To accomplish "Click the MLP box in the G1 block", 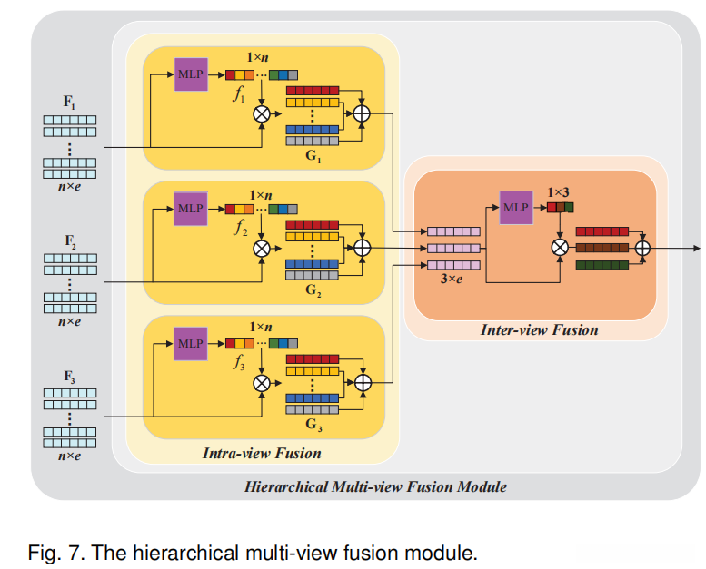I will (191, 74).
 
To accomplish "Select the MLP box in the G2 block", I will (191, 208).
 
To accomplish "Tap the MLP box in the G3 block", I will (191, 343).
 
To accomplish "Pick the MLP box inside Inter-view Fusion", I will (515, 207).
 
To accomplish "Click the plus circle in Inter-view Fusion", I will (642, 247).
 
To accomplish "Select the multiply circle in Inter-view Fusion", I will (560, 247).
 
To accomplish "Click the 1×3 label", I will (559, 192).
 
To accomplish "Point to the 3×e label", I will (452, 280).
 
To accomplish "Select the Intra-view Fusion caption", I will (262, 452).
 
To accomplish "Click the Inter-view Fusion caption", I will (539, 329).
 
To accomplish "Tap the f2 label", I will (239, 230).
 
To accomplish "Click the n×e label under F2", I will (69, 321).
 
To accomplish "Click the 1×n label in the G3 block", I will (261, 326).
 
